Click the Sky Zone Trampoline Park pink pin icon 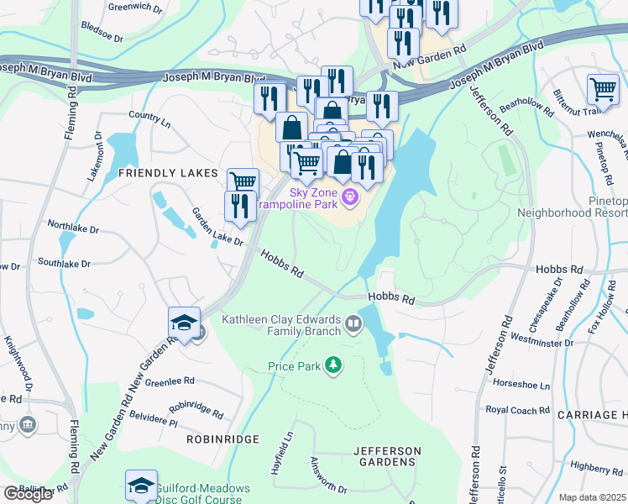pyautogui.click(x=350, y=197)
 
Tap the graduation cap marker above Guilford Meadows pyautogui.click(x=141, y=486)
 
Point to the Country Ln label pyautogui.click(x=149, y=118)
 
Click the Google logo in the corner pyautogui.click(x=27, y=494)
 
